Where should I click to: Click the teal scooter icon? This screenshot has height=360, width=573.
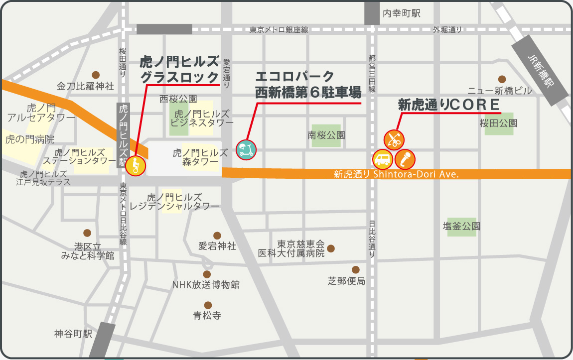[x=246, y=149]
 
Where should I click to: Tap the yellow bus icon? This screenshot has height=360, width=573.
[x=383, y=159]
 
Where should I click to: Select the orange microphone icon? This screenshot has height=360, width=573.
[x=405, y=159]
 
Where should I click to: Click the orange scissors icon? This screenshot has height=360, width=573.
[x=394, y=139]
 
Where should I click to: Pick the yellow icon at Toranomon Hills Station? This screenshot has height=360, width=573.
[x=135, y=165]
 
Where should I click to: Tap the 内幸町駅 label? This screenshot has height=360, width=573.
[x=402, y=13]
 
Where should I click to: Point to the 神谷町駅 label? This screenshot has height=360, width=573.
[x=73, y=334]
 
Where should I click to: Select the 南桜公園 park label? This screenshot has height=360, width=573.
[x=326, y=135]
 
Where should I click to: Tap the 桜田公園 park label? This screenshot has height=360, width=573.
[x=498, y=122]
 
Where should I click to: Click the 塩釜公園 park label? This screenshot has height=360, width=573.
[x=461, y=226]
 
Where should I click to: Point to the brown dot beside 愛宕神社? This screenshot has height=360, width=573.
[x=217, y=236]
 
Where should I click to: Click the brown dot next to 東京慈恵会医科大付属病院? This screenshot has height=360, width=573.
[x=331, y=248]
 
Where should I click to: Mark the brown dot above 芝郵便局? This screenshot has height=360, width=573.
[x=355, y=269]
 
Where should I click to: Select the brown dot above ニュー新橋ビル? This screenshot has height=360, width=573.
[x=502, y=79]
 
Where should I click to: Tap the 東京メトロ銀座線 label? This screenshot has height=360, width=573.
[x=279, y=30]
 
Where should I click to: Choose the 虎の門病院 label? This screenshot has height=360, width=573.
[x=30, y=139]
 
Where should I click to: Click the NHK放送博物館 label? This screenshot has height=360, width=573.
[x=206, y=285]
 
